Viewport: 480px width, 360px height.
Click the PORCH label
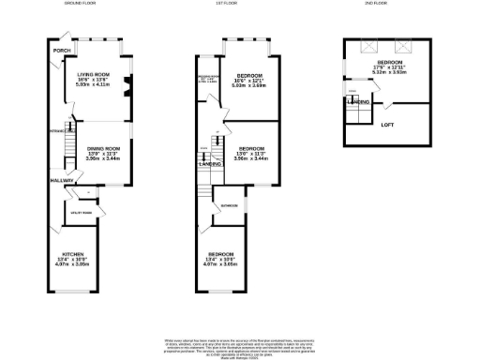(63, 50)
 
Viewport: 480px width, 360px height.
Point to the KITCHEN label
(72, 254)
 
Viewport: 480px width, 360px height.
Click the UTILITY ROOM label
(84, 213)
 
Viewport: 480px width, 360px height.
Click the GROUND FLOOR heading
(82, 5)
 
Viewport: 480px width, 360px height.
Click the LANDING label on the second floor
(357, 100)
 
